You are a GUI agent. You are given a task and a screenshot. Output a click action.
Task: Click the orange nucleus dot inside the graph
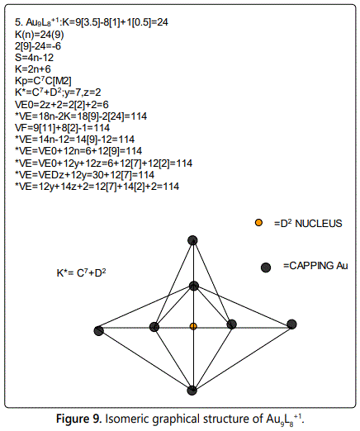[x=193, y=326]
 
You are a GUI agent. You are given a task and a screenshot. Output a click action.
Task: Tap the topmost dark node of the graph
[x=192, y=240]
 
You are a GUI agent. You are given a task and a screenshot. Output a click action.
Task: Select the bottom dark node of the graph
[x=192, y=391]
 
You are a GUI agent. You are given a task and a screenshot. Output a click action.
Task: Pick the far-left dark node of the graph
[x=99, y=330]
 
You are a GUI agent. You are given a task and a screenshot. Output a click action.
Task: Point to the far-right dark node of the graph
[x=291, y=324]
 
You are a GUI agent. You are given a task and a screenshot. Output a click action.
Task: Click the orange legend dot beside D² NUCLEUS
[x=258, y=223]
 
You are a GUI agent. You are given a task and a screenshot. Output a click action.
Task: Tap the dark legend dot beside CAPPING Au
[x=266, y=268]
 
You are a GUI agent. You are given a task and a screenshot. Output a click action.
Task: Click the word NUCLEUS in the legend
[x=319, y=224]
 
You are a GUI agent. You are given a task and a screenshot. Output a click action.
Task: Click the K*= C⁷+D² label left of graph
[x=81, y=273]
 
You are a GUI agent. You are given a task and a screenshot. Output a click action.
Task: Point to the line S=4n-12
[x=34, y=58]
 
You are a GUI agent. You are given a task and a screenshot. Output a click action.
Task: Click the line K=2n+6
[x=33, y=69]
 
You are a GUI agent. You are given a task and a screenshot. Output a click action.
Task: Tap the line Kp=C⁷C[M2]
[x=43, y=81]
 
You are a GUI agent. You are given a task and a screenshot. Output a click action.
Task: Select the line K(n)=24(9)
[x=40, y=35]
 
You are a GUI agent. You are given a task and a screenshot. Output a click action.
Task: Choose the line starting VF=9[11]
[x=62, y=128]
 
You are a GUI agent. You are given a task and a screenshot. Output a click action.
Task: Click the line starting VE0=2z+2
[x=62, y=105]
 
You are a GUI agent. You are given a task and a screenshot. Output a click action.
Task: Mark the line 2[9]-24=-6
[x=38, y=46]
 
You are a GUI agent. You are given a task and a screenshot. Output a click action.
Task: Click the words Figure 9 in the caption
[x=79, y=419]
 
